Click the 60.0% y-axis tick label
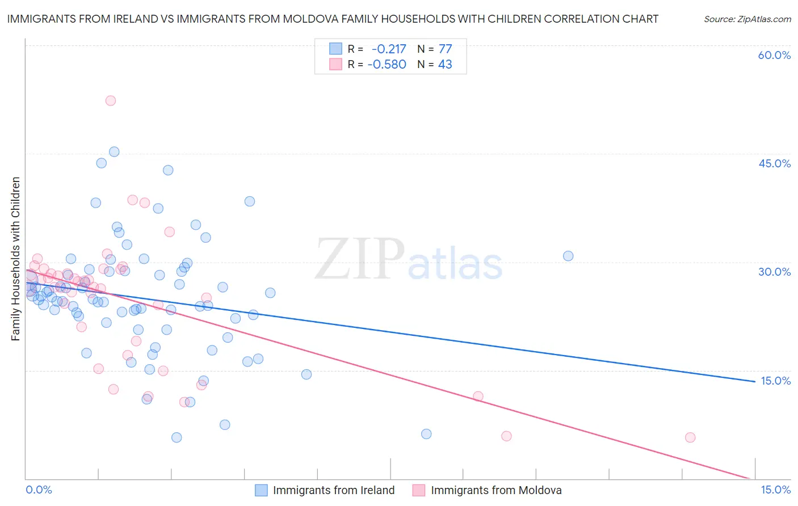[774, 55]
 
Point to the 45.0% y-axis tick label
[774, 163]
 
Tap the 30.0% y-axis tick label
[774, 272]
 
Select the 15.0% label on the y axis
[775, 381]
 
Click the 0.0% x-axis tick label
[39, 490]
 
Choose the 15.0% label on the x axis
[775, 490]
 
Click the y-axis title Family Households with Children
[15, 259]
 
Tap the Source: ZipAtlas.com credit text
[747, 19]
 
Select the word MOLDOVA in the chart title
[322, 19]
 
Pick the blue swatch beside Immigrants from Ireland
[261, 490]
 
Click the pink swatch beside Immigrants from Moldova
[419, 490]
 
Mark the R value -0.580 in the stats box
[387, 64]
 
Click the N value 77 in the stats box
[445, 49]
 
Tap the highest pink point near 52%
[111, 100]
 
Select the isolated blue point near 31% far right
[568, 256]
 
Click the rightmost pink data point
[690, 437]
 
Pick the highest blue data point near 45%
[114, 151]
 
